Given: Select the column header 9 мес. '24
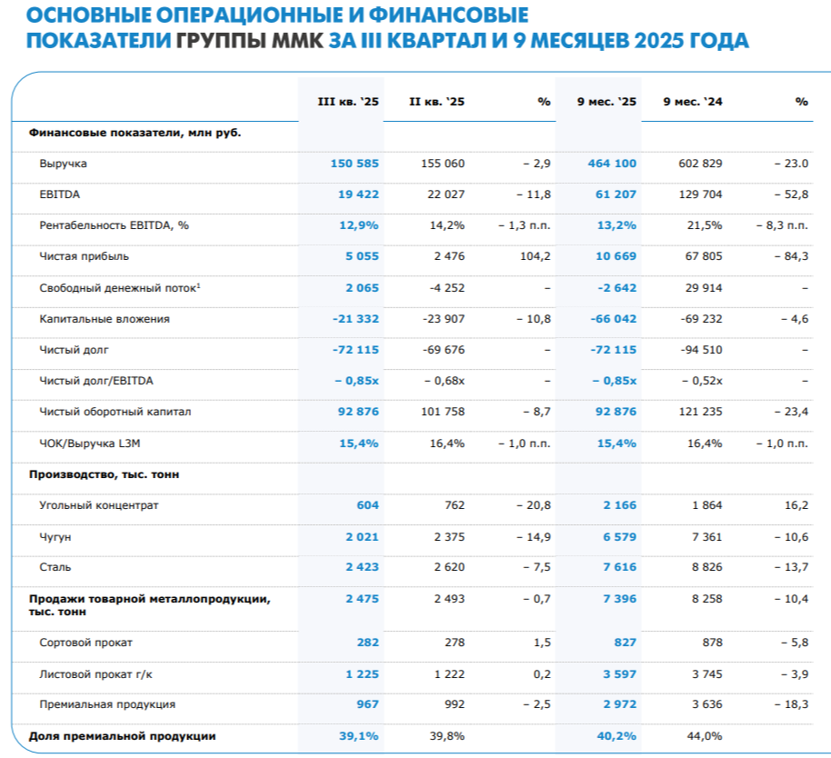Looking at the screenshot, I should point(693,102).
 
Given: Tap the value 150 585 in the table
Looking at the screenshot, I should point(355,164).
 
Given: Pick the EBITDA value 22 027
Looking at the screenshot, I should point(443,194).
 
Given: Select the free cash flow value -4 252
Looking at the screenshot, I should point(443,288).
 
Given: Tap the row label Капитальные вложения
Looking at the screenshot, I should point(104,319).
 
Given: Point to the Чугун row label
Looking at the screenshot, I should point(55,537).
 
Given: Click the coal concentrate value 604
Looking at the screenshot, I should point(368,505).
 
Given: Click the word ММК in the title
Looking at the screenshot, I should point(298,41).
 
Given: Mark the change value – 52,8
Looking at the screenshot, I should point(788,194).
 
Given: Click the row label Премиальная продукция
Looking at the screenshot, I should point(107,704).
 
